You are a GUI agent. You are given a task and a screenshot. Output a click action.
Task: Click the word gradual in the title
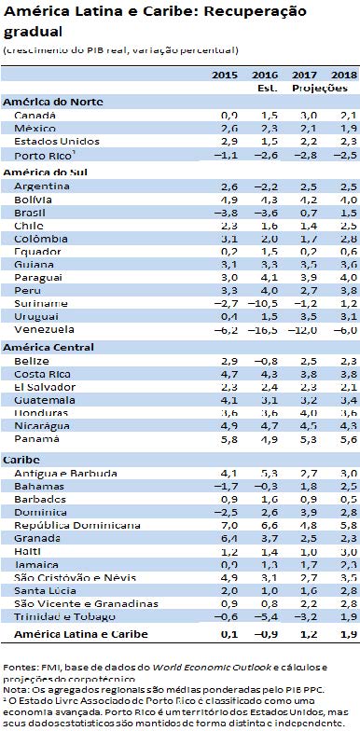29,27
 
